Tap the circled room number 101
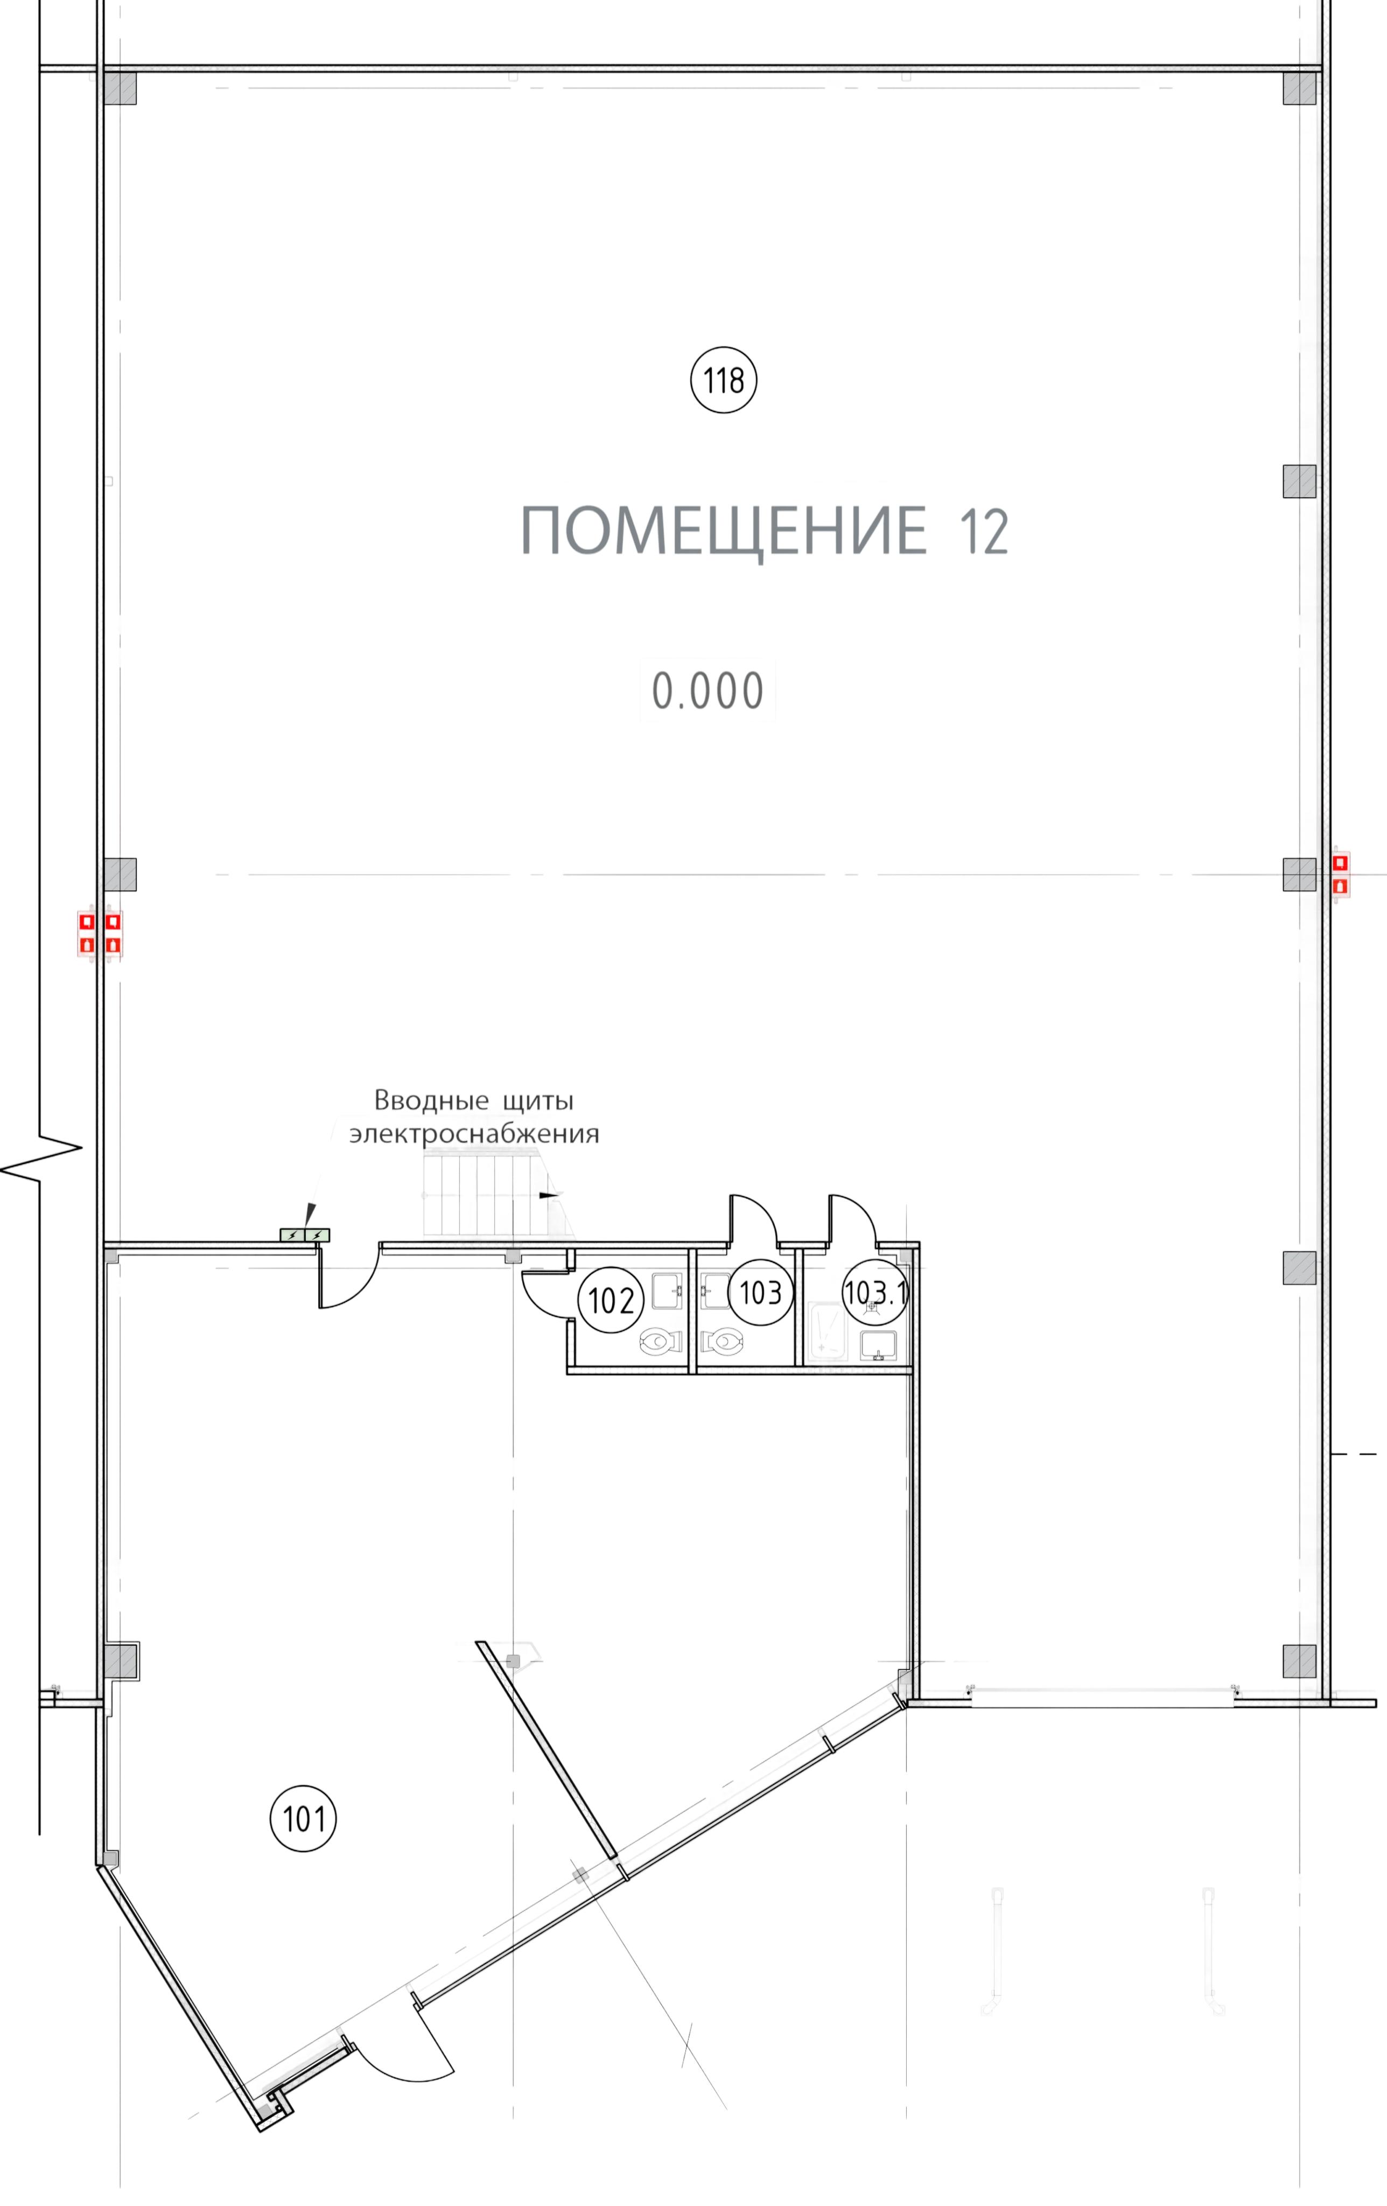303,1818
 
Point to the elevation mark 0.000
707,692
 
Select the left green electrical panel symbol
292,1235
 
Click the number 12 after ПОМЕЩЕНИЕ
984,532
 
